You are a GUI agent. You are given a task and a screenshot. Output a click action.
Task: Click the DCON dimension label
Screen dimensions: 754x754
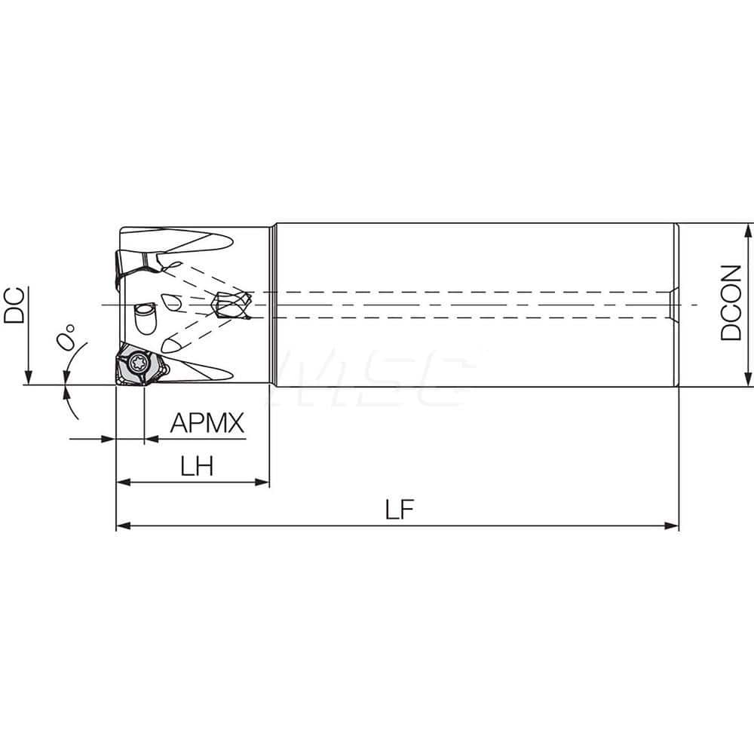pos(731,302)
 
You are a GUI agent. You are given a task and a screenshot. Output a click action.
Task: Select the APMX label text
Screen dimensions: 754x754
pos(207,423)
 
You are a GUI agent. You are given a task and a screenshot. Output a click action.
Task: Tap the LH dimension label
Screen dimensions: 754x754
pos(196,467)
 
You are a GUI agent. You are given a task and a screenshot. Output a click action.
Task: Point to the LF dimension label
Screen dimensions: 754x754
pos(400,510)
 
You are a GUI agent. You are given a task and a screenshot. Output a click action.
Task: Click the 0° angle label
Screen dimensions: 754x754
pos(68,337)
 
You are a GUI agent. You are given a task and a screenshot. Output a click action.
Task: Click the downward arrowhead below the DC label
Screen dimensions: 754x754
pos(28,378)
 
